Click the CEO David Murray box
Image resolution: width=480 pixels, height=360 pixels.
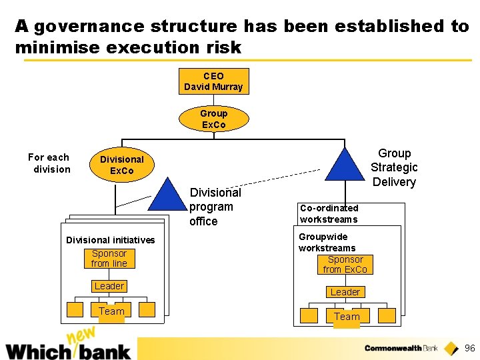click(213, 82)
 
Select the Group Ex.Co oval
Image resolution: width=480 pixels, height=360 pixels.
click(213, 119)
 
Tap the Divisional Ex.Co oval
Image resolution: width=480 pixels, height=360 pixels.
click(121, 165)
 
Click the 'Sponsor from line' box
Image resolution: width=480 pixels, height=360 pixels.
click(109, 258)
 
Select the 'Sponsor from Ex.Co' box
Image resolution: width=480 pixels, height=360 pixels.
click(345, 264)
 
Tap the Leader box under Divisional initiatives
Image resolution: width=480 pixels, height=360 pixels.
click(109, 286)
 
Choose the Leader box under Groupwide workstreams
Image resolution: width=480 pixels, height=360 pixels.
click(345, 292)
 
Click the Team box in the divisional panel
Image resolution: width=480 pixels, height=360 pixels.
click(111, 311)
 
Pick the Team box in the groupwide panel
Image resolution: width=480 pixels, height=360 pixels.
click(347, 317)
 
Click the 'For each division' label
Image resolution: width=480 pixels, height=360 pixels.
click(49, 163)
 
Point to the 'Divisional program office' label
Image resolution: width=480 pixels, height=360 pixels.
click(215, 207)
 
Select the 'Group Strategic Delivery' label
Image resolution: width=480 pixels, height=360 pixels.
click(394, 168)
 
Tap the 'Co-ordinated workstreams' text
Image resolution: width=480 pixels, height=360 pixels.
click(329, 213)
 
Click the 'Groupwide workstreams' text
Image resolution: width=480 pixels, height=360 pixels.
click(327, 242)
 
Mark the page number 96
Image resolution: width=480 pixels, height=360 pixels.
click(469, 348)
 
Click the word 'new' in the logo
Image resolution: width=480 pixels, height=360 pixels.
click(82, 337)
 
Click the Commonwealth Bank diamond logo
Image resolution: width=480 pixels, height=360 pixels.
click(451, 348)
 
